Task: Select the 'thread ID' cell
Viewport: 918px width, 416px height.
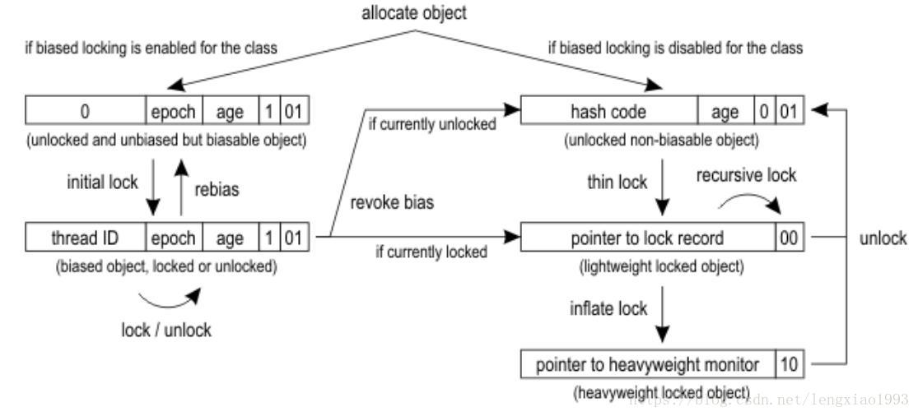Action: pyautogui.click(x=86, y=238)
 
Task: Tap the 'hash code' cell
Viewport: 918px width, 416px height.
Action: pyautogui.click(x=608, y=110)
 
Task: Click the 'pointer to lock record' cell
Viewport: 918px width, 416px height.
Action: pyautogui.click(x=647, y=238)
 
